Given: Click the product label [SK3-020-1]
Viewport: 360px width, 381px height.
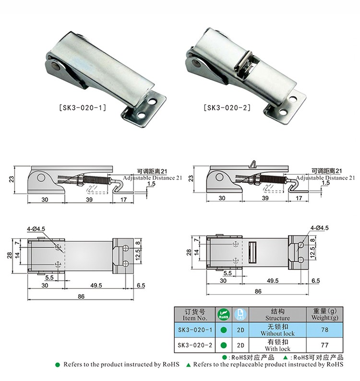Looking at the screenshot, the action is [x=83, y=107].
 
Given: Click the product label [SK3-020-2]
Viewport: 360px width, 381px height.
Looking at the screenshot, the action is [x=227, y=107].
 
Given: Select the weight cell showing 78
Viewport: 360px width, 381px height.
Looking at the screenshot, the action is [x=325, y=330].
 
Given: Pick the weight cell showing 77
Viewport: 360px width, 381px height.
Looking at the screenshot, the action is [x=325, y=345].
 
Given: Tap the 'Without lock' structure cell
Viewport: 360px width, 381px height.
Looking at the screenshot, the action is [x=277, y=330].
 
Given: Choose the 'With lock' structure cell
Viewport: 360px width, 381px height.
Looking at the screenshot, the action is [x=277, y=345].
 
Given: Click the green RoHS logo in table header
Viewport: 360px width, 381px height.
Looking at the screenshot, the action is [x=223, y=314].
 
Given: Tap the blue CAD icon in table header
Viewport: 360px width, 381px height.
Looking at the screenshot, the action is [x=240, y=314].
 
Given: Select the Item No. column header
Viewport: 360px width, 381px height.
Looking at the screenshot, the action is [x=195, y=314].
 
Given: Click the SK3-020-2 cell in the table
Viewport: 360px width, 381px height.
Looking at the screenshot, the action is [x=195, y=345].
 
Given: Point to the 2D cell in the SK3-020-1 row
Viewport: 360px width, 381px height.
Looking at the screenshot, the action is [x=240, y=330].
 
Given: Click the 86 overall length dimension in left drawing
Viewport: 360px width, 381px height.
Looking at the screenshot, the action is [x=81, y=296].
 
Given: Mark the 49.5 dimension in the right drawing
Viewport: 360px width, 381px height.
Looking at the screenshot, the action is [x=273, y=281].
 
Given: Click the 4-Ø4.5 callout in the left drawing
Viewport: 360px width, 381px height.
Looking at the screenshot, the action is [x=36, y=229].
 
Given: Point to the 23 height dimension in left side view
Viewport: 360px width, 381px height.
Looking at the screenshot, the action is [x=12, y=179].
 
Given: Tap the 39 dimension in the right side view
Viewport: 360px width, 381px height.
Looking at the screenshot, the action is [x=265, y=198].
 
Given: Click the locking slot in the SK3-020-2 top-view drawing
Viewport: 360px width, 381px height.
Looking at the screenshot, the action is [x=252, y=252].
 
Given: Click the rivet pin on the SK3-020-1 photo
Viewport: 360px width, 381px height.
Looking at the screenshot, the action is [x=56, y=66].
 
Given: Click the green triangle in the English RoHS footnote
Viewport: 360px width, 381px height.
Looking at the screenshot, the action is [x=188, y=365].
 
